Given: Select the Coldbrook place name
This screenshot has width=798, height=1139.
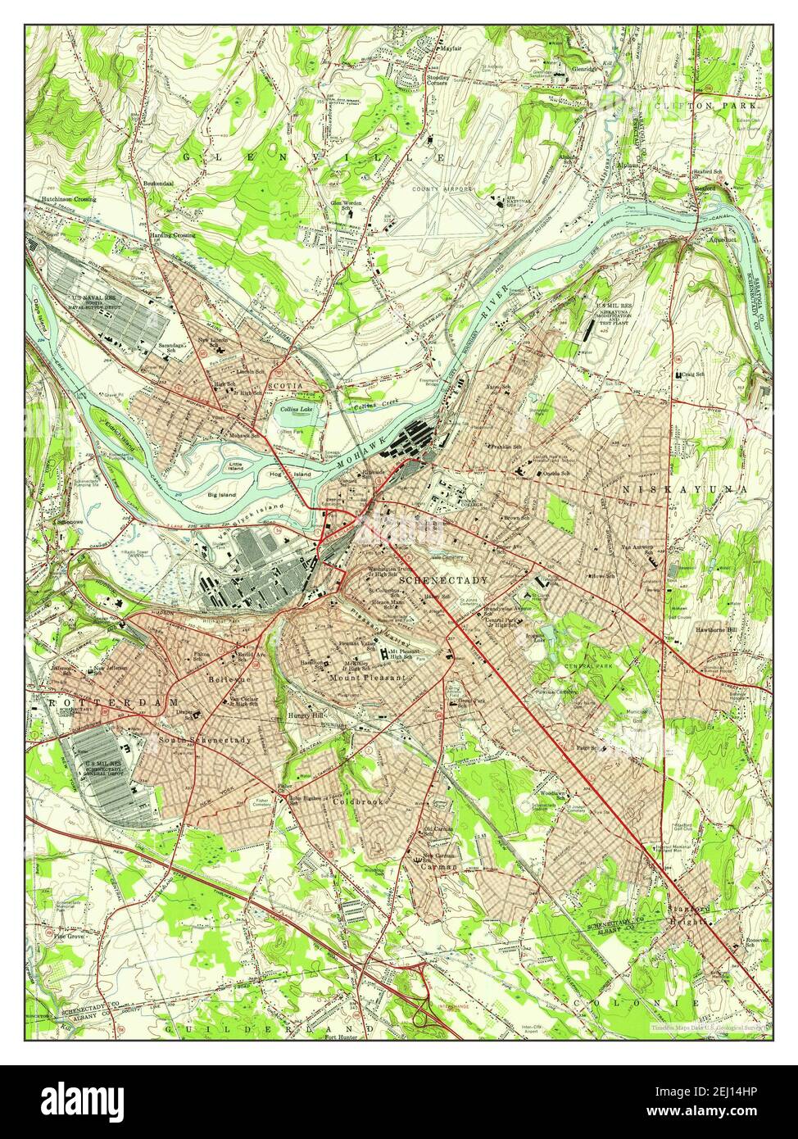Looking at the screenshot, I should tap(357, 801).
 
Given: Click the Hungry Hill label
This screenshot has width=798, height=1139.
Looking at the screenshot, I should tap(307, 715).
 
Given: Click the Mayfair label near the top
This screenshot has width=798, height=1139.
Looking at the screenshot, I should tap(449, 49).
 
